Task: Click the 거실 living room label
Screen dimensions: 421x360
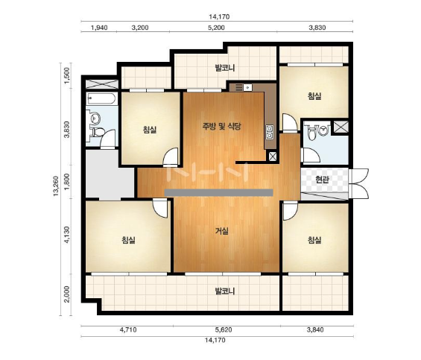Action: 222,231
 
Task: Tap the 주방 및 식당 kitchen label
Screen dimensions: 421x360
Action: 222,126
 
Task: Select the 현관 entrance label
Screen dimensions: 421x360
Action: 322,180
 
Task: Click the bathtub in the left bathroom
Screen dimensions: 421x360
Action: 101,99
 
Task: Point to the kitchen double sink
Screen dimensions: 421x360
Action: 270,132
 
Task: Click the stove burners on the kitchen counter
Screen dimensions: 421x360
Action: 238,87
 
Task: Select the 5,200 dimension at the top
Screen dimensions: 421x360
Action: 216,28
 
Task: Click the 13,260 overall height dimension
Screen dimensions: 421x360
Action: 56,186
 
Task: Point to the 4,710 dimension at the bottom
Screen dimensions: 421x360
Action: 128,329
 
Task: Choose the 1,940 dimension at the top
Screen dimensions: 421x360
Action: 99,28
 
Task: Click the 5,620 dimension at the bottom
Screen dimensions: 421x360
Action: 224,329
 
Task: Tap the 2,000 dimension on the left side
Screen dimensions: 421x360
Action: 67,294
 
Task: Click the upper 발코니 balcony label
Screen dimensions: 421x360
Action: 225,68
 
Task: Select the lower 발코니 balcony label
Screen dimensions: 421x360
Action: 225,291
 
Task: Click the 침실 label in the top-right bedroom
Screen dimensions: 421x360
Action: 314,96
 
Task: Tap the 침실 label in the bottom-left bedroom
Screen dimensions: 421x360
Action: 129,240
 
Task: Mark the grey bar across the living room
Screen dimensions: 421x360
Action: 218,192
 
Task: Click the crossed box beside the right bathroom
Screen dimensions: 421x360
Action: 341,127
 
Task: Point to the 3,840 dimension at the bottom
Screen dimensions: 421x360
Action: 315,329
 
